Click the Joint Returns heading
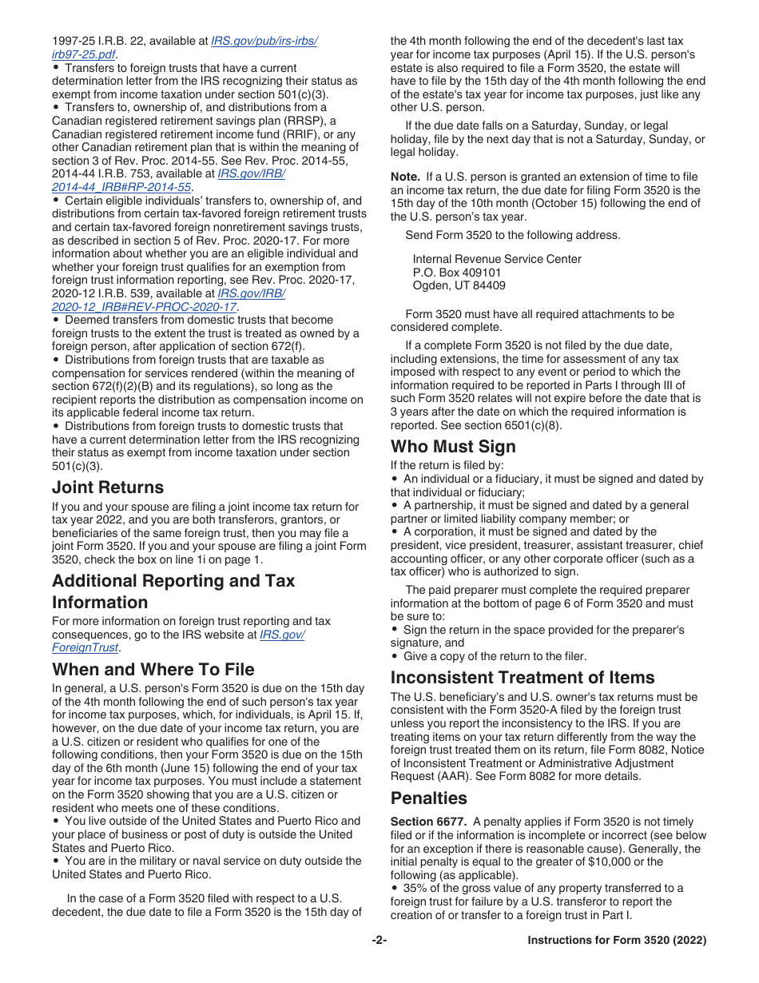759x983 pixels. click(108, 488)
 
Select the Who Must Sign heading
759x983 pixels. click(453, 447)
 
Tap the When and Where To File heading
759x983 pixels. click(153, 669)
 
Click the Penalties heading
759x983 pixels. click(429, 798)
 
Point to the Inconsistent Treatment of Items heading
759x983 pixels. click(523, 678)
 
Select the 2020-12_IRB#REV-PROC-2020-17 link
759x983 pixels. click(144, 307)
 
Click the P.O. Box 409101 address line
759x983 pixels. click(457, 273)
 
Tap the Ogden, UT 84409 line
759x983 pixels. click(459, 285)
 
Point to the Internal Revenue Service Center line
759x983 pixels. click(497, 259)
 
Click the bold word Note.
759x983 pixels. click(405, 177)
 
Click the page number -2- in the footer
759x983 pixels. click(379, 941)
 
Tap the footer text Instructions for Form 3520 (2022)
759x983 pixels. click(617, 941)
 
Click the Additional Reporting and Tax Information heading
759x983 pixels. click(173, 591)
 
